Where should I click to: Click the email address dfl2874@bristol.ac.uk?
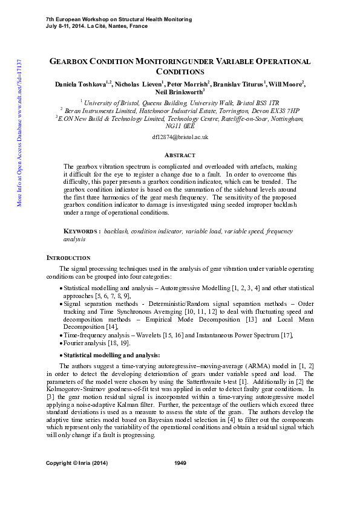[x=180, y=137]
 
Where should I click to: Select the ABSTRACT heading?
[x=180, y=155]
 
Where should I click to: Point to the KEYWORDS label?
[x=82, y=232]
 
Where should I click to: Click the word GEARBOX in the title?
[x=72, y=62]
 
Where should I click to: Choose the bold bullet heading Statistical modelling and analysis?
[x=112, y=355]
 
